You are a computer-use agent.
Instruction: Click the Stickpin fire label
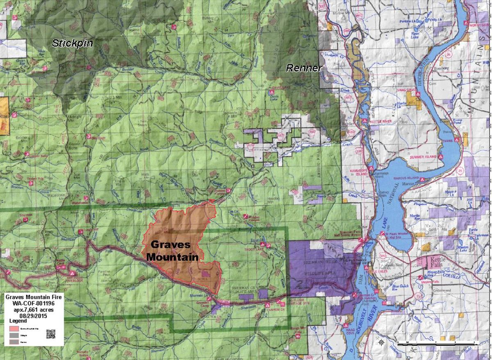coord(73,43)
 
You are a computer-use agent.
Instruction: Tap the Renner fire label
coord(304,68)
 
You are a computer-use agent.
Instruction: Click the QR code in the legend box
coord(51,334)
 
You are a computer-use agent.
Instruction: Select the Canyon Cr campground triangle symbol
coord(267,305)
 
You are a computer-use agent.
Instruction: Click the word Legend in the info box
coord(14,321)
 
